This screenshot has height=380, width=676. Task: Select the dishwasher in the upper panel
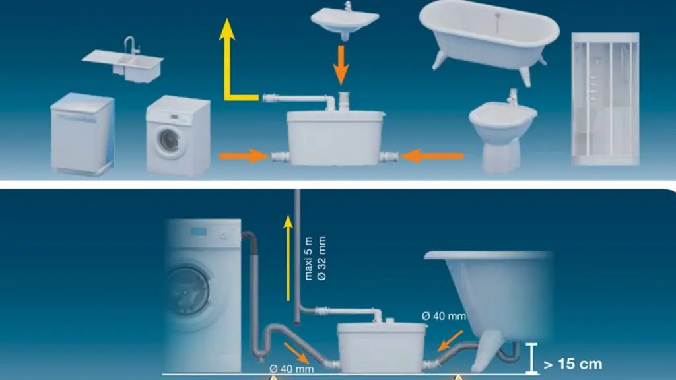[83, 135]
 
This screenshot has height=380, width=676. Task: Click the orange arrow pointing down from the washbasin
[341, 65]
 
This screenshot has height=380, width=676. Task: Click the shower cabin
[605, 99]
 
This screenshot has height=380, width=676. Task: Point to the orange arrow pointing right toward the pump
[244, 156]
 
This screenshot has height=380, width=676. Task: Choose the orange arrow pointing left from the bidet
[432, 156]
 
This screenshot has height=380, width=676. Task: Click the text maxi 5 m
[308, 259]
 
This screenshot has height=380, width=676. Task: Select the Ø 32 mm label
[321, 259]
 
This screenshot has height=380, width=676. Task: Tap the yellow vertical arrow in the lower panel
[288, 259]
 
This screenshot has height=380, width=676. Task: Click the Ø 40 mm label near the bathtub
[444, 316]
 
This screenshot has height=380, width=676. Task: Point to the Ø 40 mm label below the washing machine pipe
[291, 369]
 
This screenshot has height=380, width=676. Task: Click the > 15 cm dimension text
[573, 364]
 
